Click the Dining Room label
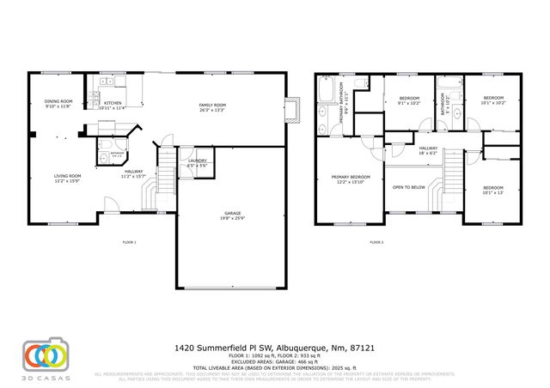(x=58, y=104)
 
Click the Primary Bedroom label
(x=347, y=179)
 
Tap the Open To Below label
(x=410, y=186)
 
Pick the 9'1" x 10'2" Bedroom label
(x=409, y=100)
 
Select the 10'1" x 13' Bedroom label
(x=493, y=189)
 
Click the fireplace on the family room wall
(x=295, y=108)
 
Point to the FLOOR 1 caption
(x=130, y=243)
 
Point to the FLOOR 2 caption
(x=376, y=243)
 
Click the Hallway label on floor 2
(x=428, y=150)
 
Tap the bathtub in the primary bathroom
(x=327, y=88)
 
